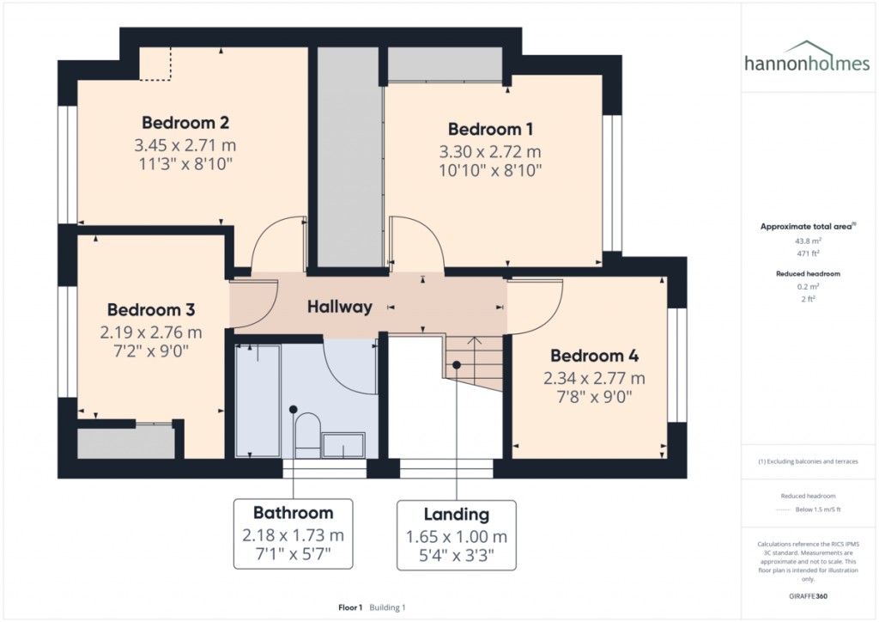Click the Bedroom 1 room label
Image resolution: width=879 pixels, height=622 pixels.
tap(490, 130)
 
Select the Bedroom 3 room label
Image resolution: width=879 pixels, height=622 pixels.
tap(151, 309)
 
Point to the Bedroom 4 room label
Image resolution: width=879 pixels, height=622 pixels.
tap(594, 356)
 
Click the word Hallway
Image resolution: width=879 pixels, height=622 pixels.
tap(340, 307)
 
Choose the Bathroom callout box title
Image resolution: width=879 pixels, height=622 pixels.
tap(293, 513)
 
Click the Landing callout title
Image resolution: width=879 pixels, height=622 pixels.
tap(456, 515)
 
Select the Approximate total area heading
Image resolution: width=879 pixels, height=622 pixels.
tap(806, 227)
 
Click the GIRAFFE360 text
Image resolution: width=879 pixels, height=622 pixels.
tap(807, 595)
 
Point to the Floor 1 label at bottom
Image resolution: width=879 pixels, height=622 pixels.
tap(350, 607)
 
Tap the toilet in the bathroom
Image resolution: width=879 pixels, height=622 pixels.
tap(306, 432)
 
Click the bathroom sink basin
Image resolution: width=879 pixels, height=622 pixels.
tap(348, 444)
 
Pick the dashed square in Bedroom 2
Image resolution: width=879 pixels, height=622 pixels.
tap(156, 64)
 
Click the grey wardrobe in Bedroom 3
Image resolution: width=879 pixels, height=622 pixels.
tap(125, 443)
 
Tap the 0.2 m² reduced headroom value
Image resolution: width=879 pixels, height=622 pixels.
tap(806, 288)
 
